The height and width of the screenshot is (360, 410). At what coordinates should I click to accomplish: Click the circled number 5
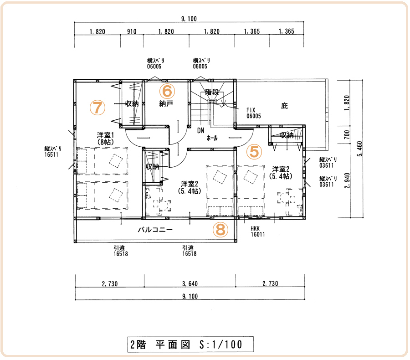click(x=255, y=151)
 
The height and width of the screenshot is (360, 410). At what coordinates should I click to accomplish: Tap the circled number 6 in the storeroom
click(x=167, y=90)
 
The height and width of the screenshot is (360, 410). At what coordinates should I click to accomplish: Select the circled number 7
click(x=97, y=108)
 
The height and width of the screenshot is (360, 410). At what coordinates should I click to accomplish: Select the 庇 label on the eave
click(x=285, y=106)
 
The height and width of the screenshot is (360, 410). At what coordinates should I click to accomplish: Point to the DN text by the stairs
click(x=201, y=130)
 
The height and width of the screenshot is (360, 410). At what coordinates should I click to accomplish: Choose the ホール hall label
click(x=212, y=137)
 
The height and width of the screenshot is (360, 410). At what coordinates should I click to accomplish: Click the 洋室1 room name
click(x=105, y=135)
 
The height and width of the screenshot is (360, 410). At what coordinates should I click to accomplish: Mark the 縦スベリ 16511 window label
click(x=53, y=152)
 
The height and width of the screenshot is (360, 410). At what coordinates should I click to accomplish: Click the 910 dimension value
click(x=131, y=32)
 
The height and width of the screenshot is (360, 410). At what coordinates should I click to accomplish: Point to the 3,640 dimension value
click(x=190, y=284)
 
